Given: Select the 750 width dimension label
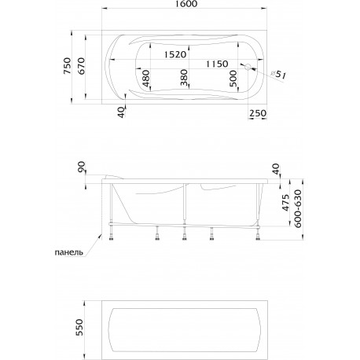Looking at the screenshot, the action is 67,65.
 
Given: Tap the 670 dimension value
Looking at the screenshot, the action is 81,66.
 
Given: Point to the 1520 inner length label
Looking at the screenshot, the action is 175,54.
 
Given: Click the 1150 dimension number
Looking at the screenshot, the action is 217,64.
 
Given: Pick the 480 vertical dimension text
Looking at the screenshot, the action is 145,79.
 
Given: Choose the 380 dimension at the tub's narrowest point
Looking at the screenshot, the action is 184,78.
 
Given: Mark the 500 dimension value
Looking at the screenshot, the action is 233,79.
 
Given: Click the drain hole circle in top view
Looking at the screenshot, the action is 248,67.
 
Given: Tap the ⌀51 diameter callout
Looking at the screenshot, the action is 277,75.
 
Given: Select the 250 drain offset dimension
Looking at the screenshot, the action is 258,113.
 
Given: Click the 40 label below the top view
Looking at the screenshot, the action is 121,112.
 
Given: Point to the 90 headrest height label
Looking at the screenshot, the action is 82,167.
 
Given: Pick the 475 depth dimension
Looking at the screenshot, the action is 285,202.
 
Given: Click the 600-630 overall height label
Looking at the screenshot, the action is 298,208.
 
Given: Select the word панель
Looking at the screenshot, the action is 69,252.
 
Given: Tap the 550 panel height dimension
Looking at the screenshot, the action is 79,327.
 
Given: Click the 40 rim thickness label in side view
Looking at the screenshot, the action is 276,169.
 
